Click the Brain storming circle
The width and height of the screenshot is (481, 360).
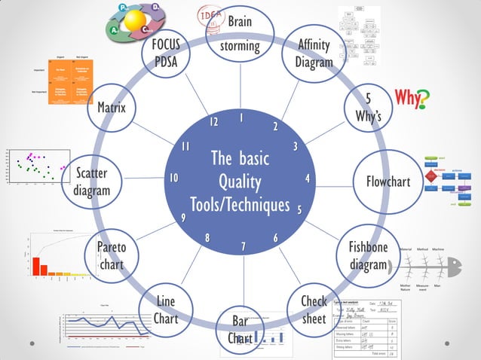click(x=240, y=34)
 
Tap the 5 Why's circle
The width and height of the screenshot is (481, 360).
click(x=368, y=108)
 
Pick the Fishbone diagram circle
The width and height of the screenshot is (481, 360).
click(x=367, y=256)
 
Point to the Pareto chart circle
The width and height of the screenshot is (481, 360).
click(x=111, y=256)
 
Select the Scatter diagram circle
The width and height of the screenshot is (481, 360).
click(x=91, y=182)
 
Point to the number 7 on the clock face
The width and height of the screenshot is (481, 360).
click(x=244, y=246)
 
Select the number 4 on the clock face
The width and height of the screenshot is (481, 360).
click(x=308, y=178)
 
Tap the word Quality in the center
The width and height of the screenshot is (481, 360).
click(x=240, y=182)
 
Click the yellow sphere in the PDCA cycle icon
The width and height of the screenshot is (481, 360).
click(x=138, y=18)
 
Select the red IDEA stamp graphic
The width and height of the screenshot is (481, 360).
click(x=209, y=15)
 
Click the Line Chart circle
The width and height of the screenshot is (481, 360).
click(x=166, y=310)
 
